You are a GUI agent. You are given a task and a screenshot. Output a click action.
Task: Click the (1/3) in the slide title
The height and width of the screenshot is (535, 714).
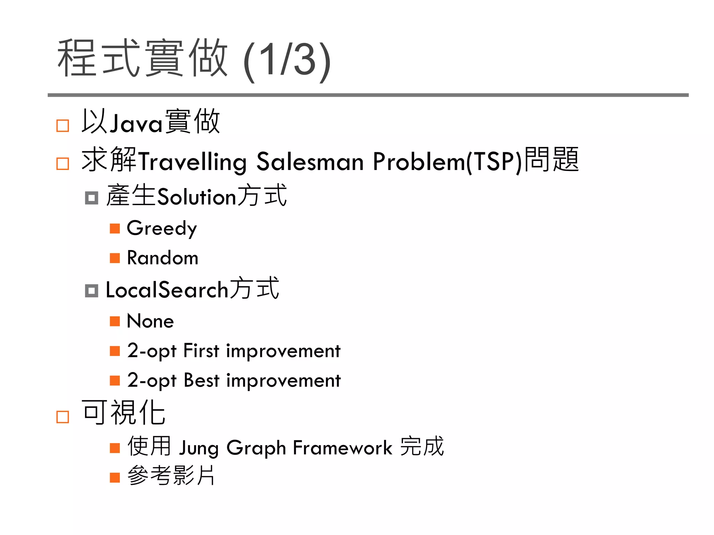(287, 60)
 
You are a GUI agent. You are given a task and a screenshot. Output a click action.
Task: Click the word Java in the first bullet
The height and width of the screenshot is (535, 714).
(136, 123)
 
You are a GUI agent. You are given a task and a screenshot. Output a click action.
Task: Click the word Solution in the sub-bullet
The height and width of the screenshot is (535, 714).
(197, 197)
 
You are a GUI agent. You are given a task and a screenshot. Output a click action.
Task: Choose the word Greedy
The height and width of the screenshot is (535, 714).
(162, 228)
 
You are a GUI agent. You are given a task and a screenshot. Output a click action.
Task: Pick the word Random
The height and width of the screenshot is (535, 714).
(162, 258)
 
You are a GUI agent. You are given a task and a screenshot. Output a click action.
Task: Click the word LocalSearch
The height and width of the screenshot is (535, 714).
(167, 290)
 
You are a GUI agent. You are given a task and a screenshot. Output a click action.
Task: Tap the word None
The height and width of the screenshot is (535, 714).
(150, 321)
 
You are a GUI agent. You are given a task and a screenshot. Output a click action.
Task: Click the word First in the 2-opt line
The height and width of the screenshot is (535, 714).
(201, 351)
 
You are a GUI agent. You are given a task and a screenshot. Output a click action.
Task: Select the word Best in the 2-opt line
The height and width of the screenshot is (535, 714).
(201, 380)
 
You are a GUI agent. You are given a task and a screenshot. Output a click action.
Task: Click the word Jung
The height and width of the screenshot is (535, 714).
(198, 448)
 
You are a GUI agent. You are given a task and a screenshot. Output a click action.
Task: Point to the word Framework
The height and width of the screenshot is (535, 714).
(342, 448)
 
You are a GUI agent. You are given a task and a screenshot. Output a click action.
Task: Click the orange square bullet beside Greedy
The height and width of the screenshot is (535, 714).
(115, 229)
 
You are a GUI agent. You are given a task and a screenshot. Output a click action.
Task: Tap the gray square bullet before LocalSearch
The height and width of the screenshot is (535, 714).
(91, 290)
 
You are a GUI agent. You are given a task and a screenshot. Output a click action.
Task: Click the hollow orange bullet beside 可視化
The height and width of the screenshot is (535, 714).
(63, 417)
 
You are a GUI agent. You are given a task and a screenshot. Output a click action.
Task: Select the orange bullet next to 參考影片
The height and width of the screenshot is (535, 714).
(115, 477)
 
